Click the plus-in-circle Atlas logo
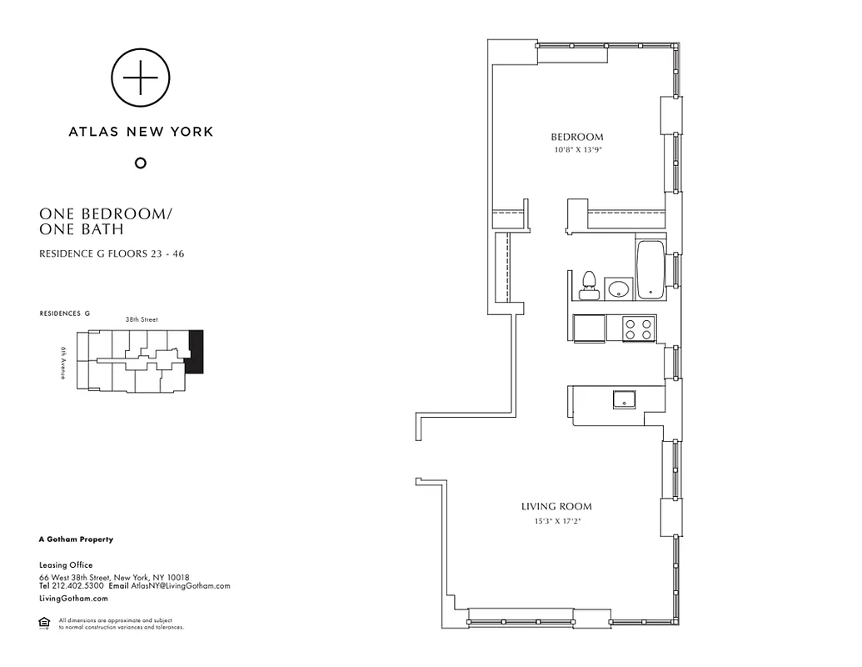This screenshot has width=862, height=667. point(141,78)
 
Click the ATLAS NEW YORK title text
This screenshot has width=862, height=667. point(141,132)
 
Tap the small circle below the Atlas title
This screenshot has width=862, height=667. point(141,163)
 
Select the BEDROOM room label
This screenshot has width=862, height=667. point(576,138)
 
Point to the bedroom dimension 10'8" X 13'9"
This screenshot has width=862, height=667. point(576,150)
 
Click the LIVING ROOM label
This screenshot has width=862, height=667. point(556,506)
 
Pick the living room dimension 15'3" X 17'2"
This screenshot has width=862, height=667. point(556,521)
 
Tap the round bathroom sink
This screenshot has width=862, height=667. point(618,289)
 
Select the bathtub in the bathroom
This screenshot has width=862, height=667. point(650,270)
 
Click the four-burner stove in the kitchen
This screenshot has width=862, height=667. point(638,328)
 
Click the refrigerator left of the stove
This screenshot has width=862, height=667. point(589,328)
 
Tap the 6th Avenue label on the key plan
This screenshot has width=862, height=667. point(63,364)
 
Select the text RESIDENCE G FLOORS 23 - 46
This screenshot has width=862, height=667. point(112,253)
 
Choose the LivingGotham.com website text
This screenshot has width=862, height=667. point(73,599)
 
